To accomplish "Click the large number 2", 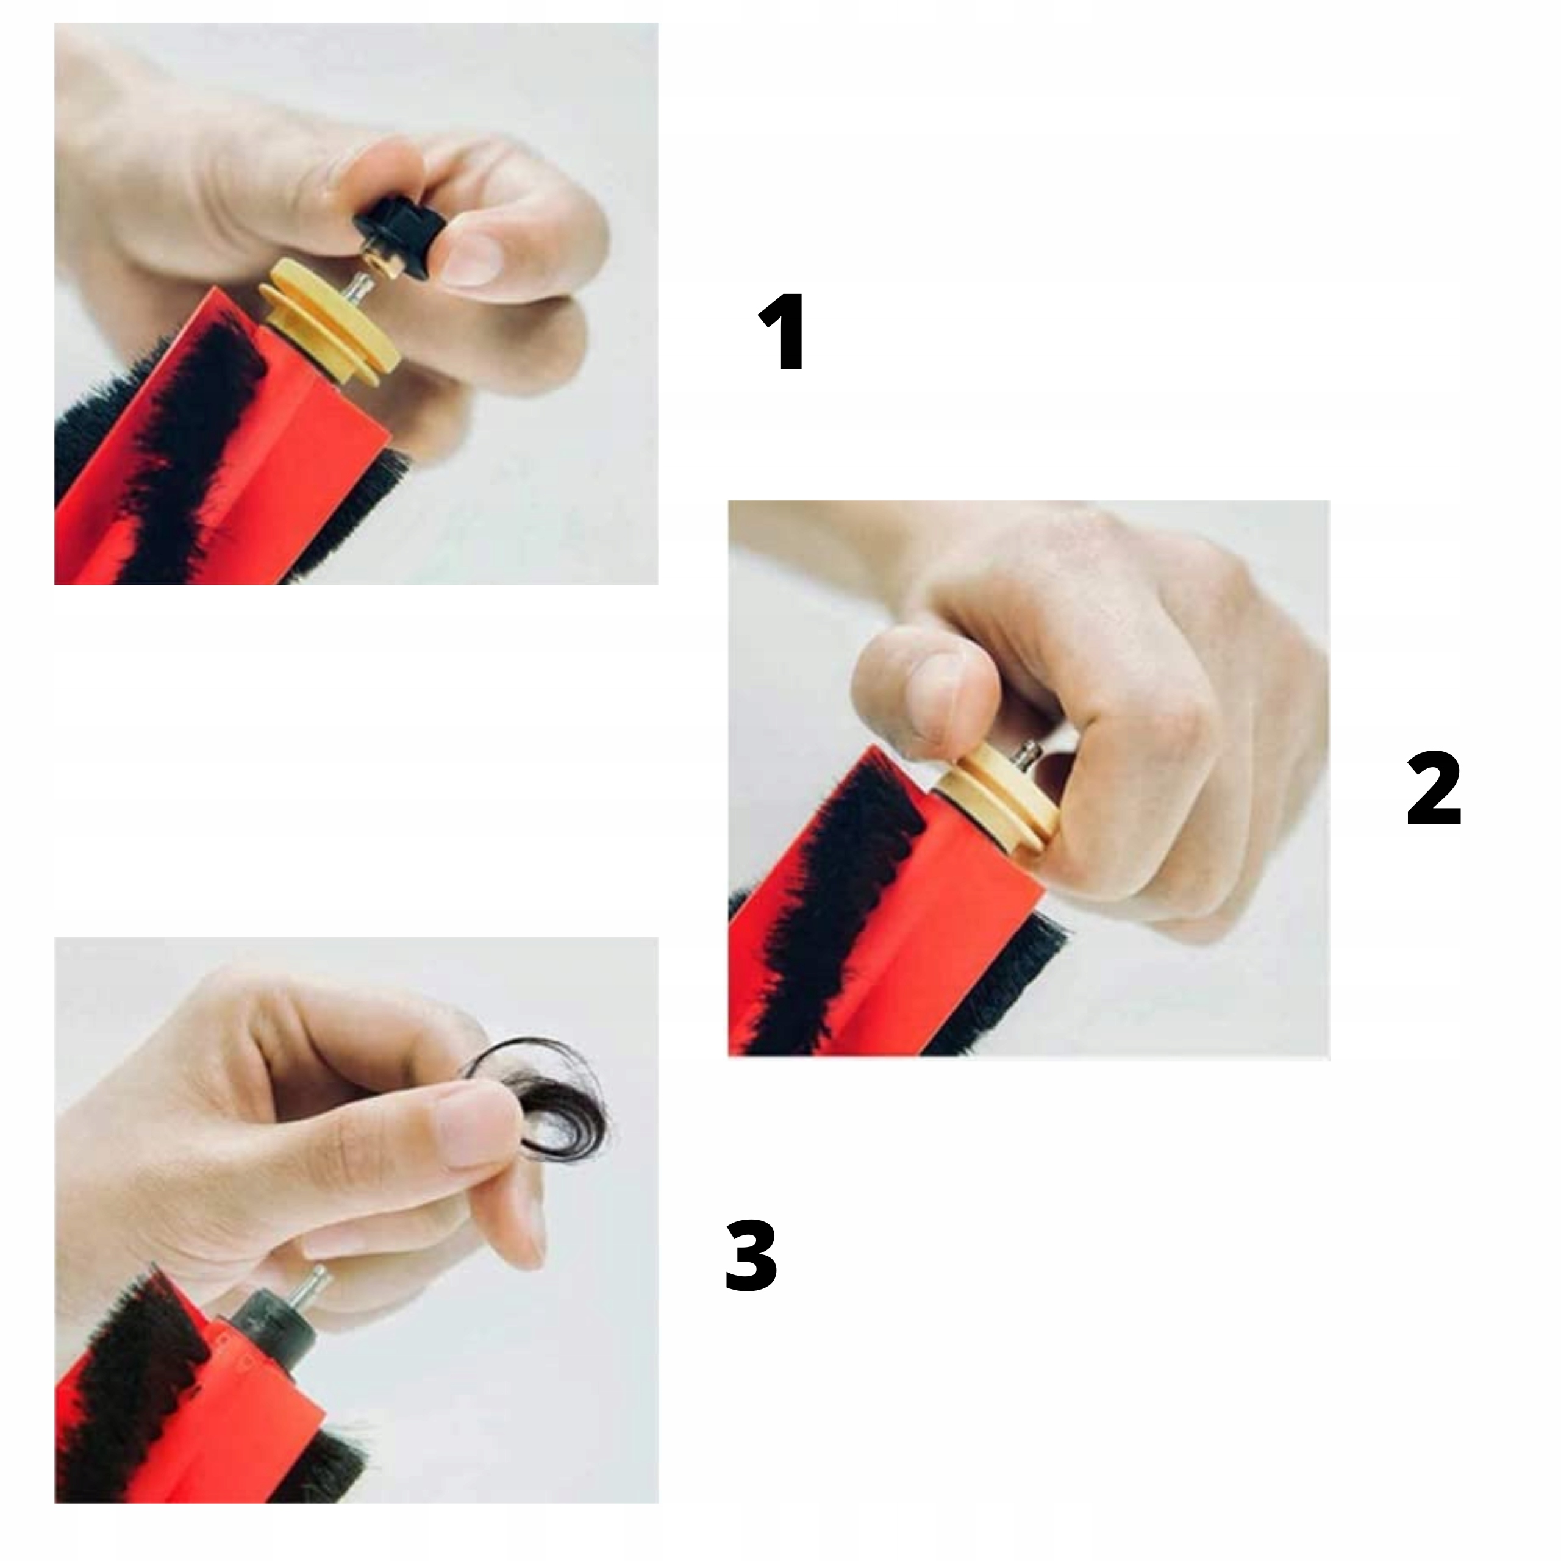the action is (x=1434, y=788).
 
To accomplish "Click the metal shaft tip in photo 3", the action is (x=315, y=1282).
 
